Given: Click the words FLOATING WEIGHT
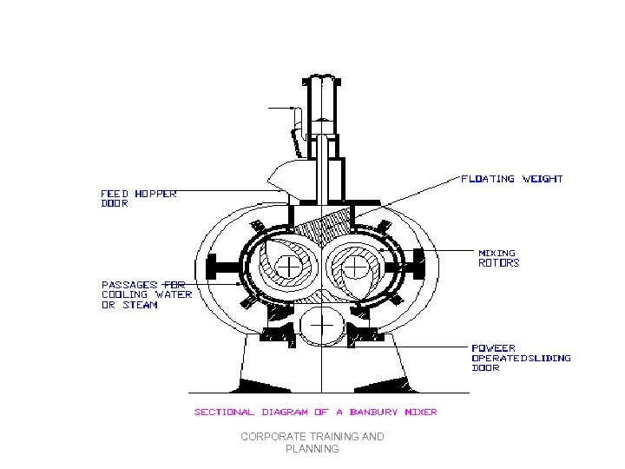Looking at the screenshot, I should [511, 179].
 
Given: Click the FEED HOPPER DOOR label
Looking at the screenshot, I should [139, 199].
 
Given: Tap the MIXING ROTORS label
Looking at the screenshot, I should [499, 258].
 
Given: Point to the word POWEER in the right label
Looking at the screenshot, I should [493, 348].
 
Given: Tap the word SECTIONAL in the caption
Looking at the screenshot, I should [224, 412].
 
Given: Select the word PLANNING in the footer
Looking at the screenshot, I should [312, 449].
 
